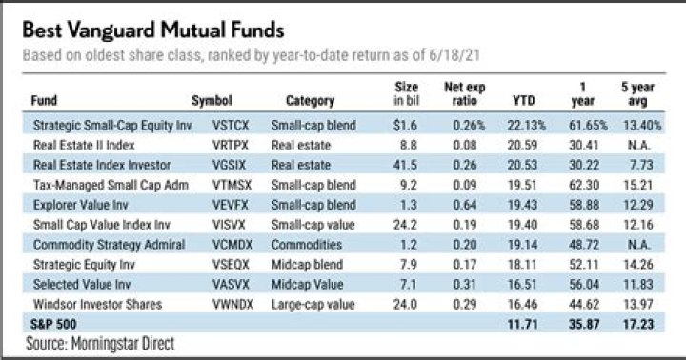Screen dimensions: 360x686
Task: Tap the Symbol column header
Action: pyautogui.click(x=212, y=99)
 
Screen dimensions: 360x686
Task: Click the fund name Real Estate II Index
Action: pyautogui.click(x=82, y=145)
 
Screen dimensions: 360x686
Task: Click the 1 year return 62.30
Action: pyautogui.click(x=584, y=185)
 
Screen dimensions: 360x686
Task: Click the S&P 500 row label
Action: pyautogui.click(x=50, y=324)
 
